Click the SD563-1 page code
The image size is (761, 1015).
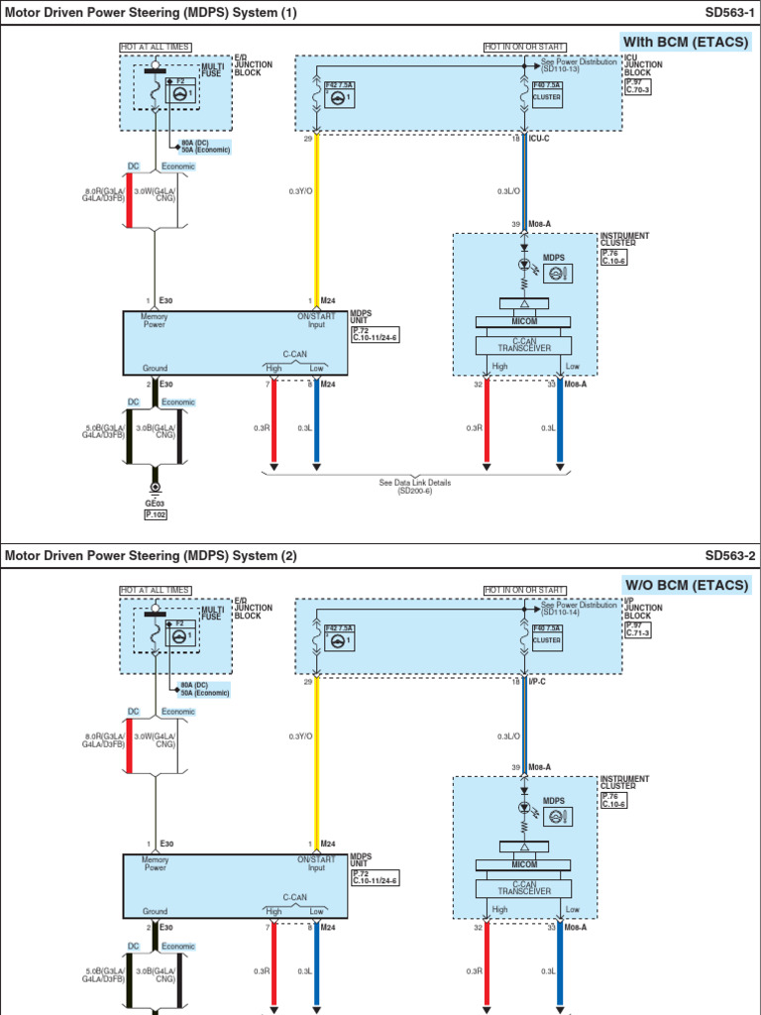tap(730, 13)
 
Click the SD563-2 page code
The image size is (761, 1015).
tap(730, 556)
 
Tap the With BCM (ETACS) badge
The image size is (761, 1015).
tap(684, 42)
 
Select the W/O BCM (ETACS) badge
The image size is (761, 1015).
tap(684, 585)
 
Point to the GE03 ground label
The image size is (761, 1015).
tap(155, 503)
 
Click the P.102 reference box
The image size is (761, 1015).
tap(155, 514)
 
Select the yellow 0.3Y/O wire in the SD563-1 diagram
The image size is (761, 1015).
tap(316, 218)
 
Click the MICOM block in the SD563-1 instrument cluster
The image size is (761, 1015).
tap(523, 322)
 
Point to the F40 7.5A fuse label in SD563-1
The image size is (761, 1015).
tap(547, 86)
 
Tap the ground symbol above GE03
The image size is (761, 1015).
tap(155, 488)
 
